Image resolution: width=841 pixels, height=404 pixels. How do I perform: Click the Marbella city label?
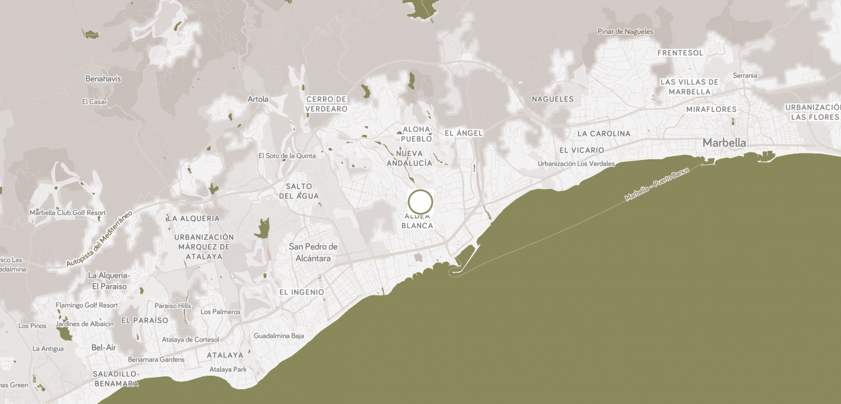[x=724, y=143]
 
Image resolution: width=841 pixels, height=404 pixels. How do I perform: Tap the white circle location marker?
[x=420, y=202]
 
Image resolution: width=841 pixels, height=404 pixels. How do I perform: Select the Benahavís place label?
[x=103, y=79]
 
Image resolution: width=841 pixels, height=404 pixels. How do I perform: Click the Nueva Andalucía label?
[x=410, y=158]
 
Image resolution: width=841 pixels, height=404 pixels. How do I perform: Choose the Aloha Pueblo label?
[x=417, y=134]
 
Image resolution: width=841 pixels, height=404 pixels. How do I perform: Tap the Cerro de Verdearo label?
[x=327, y=104]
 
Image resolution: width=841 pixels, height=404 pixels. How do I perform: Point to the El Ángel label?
[x=464, y=133]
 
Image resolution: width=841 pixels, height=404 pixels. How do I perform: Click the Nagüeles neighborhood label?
[x=553, y=99]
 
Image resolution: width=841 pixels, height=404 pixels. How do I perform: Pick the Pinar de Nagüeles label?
[x=625, y=31]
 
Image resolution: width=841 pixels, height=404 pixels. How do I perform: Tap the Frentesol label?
[x=681, y=53]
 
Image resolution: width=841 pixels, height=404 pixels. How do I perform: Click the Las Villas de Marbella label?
[x=689, y=87]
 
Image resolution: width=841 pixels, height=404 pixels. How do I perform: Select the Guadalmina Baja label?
[x=279, y=336]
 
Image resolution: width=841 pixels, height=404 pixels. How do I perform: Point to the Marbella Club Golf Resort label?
[x=67, y=213]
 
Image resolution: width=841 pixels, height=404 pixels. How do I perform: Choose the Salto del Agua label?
[x=299, y=191]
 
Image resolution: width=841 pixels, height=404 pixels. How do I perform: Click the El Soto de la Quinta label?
[x=287, y=155]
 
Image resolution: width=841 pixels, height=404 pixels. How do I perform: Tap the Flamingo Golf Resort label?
[x=87, y=305]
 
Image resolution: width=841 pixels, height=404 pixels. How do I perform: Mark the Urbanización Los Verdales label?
[x=576, y=164]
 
